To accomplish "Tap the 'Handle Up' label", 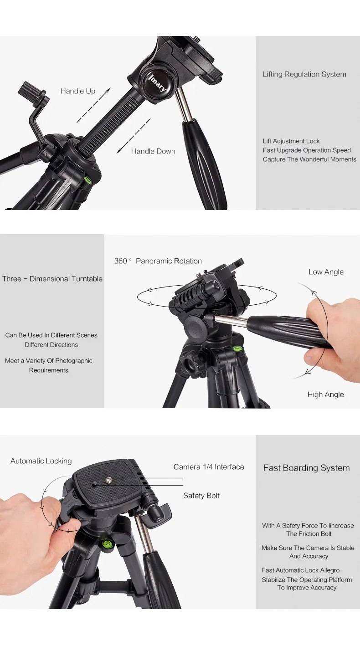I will (78, 91).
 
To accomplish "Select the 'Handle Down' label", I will (153, 151).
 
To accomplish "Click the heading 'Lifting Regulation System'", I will (304, 74).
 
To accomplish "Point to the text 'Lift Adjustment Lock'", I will (291, 141).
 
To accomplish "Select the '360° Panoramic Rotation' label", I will (158, 261).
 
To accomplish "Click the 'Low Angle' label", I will (326, 272).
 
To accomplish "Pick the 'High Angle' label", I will (325, 395).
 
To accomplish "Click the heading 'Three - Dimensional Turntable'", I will (52, 279).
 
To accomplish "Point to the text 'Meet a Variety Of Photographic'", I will (49, 361).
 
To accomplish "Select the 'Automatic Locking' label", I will (41, 461).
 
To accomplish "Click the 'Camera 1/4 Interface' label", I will (209, 467).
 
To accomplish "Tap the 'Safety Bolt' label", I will (201, 496).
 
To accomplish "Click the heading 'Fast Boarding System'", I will (307, 468).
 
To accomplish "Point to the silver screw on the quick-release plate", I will (110, 479).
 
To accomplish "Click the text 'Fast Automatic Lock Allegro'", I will (300, 570).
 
